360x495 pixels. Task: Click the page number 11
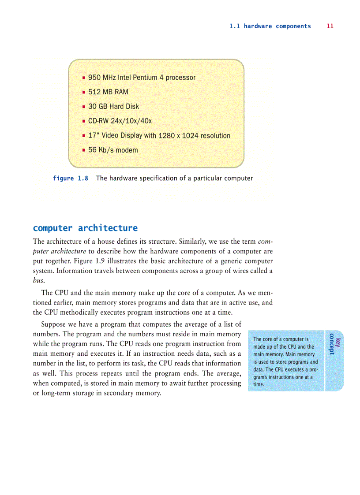(330, 26)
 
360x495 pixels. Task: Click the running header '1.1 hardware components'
(270, 26)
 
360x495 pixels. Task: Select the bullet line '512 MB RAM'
(108, 92)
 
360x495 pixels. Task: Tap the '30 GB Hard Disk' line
(113, 106)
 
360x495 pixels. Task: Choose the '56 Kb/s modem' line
(113, 150)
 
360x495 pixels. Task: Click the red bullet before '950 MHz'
(83, 78)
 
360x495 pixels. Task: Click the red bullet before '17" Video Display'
(83, 136)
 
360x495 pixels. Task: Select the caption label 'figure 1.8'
(71, 178)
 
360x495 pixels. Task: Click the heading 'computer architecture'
(85, 228)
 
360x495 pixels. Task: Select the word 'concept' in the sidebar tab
(331, 344)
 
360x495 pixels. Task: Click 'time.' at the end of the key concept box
(259, 384)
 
